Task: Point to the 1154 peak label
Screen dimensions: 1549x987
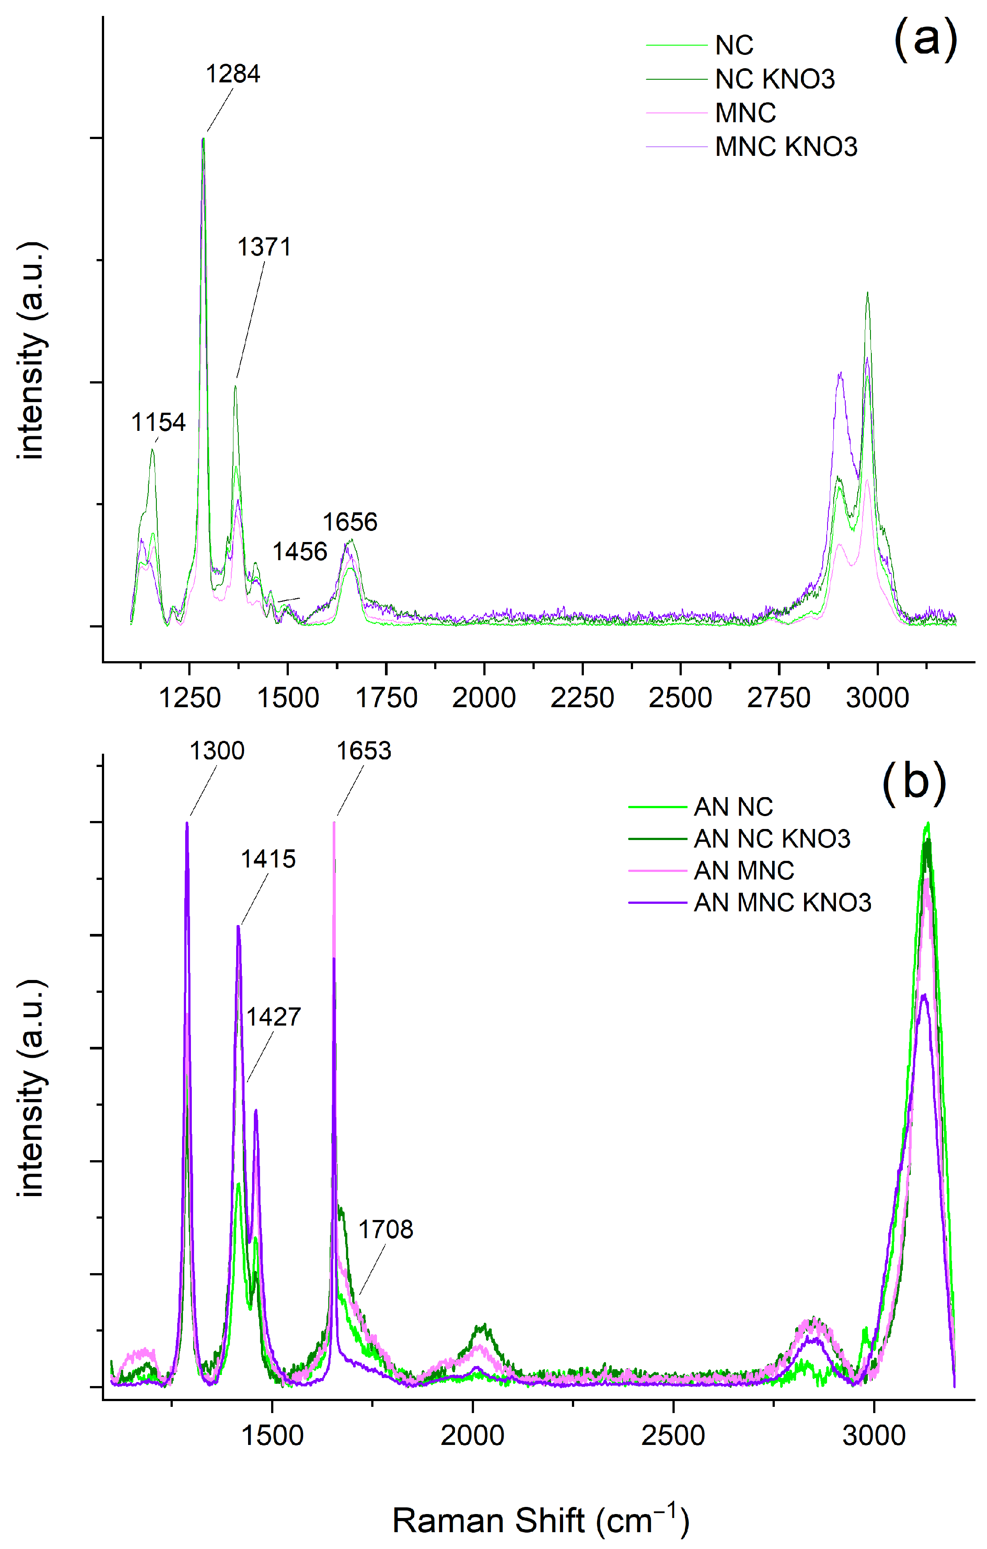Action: coord(158,422)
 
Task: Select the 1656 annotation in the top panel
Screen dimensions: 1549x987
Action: coord(350,523)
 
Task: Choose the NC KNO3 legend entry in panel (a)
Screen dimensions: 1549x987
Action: coord(775,80)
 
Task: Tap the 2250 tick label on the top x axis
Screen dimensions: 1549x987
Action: coord(582,698)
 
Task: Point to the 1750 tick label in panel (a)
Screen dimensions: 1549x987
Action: coord(386,698)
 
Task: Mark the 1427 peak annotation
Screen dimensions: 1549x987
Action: coord(273,1017)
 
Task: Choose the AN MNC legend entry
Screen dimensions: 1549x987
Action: coord(743,871)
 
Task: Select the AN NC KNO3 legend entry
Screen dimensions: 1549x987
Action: coord(771,839)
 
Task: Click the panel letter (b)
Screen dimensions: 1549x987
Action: coord(913,782)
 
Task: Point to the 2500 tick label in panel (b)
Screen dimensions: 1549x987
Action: coord(673,1437)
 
